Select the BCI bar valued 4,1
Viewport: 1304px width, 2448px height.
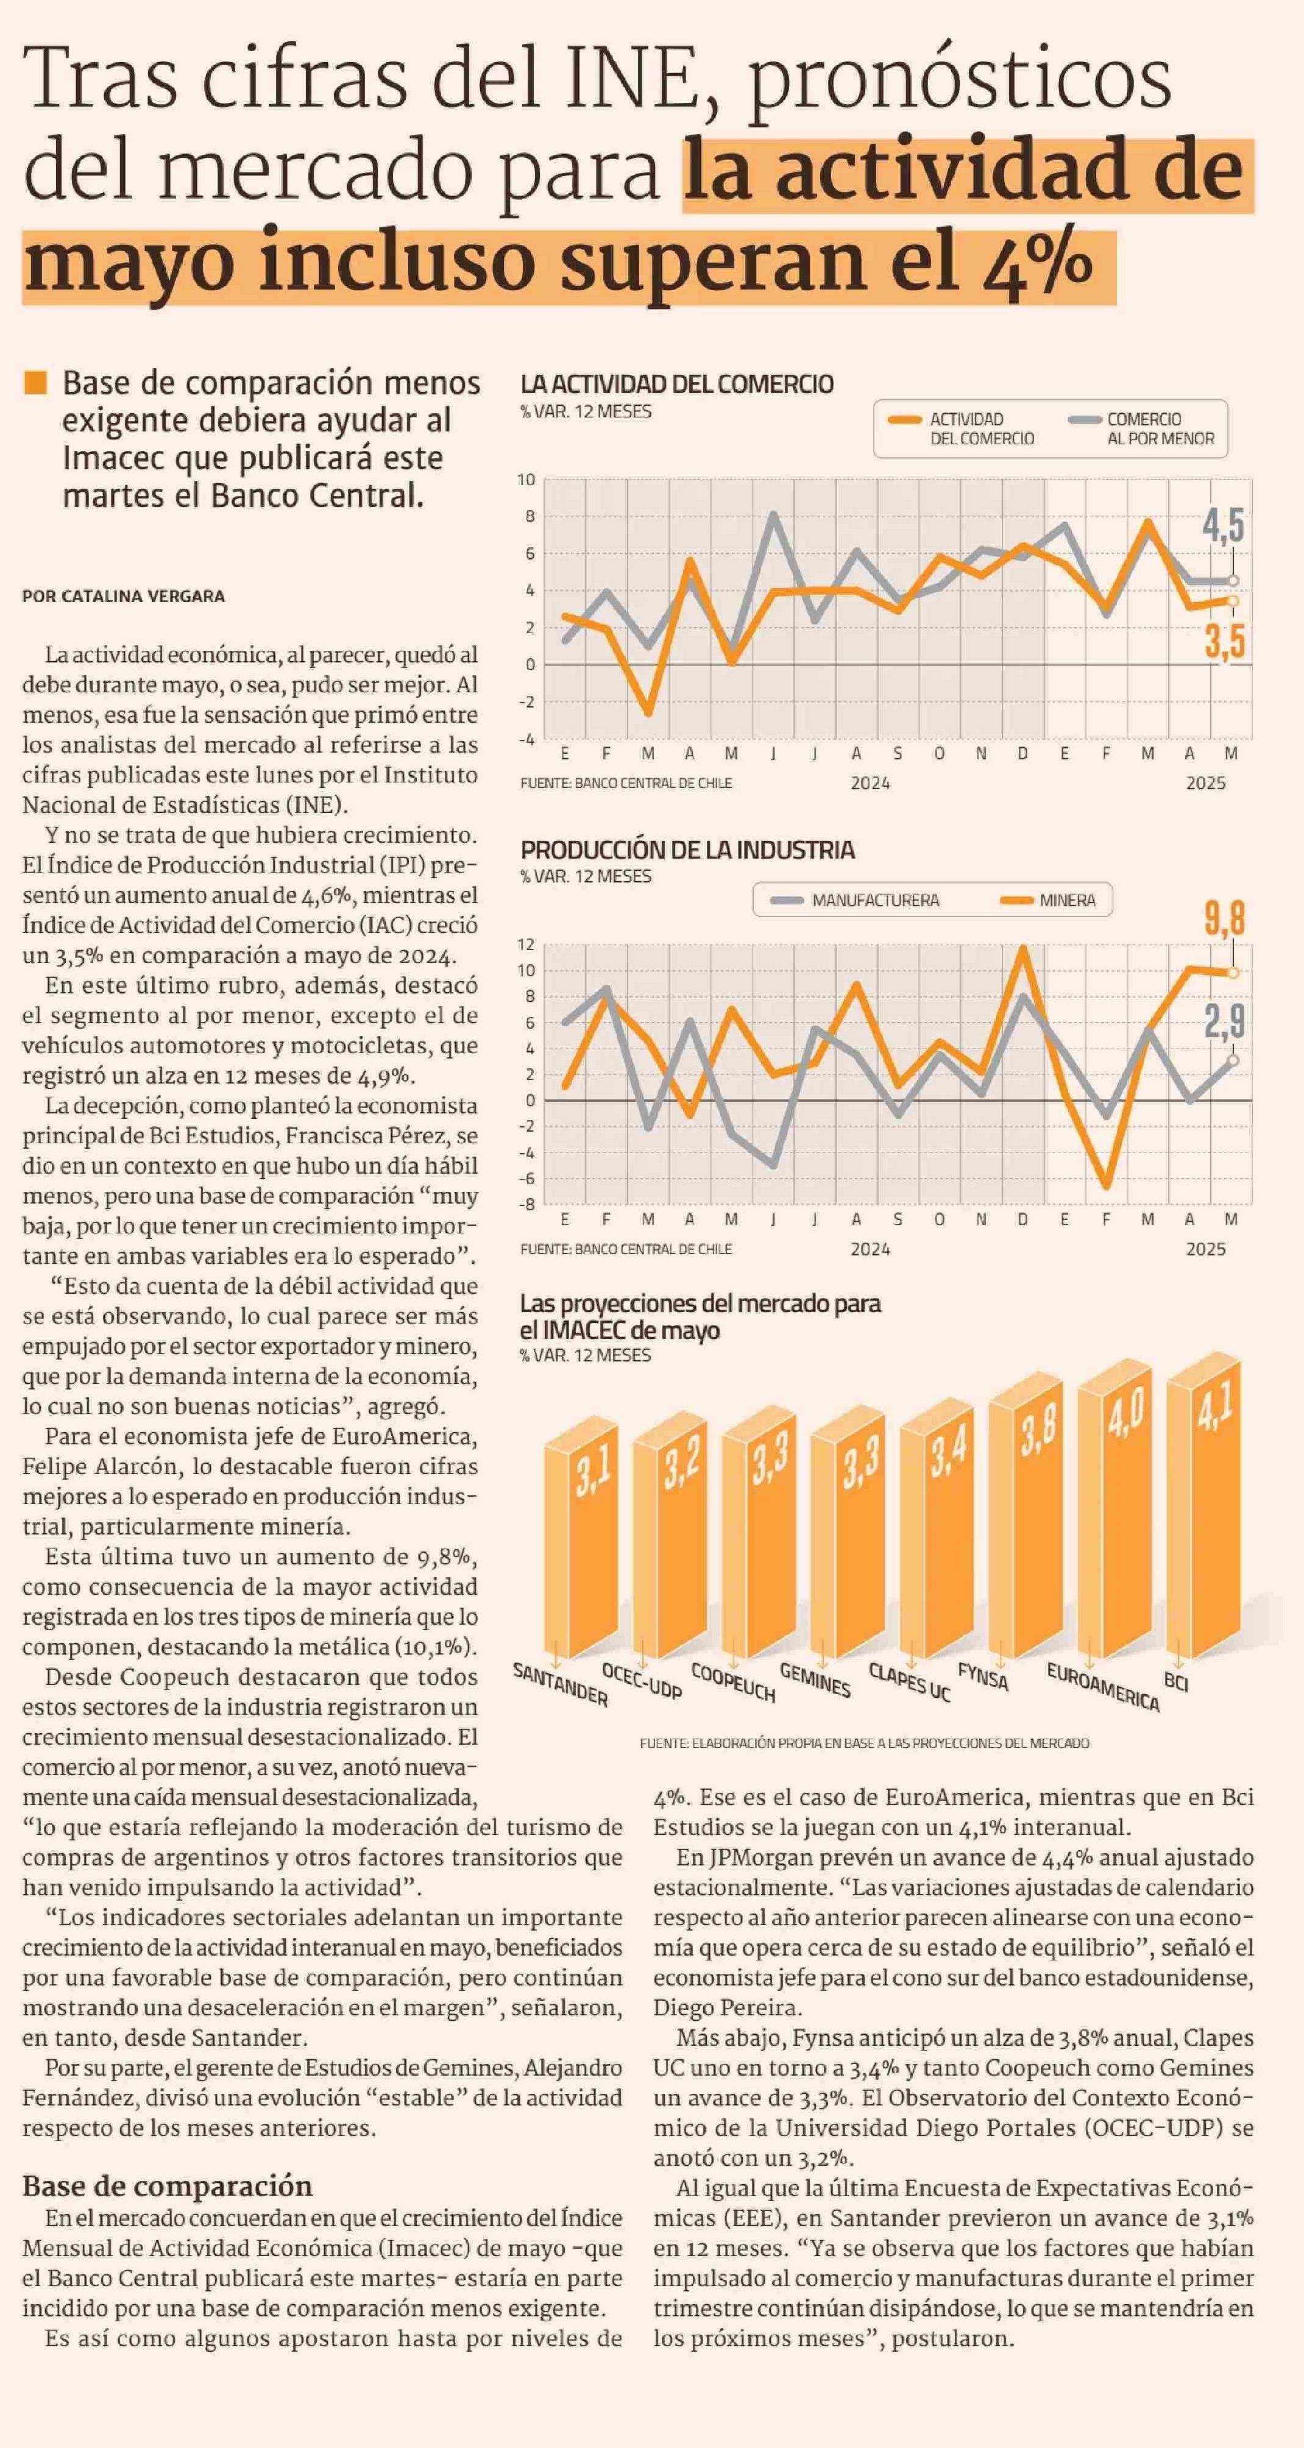[x=1203, y=1515]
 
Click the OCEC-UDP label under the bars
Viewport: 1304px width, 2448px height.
[x=642, y=1682]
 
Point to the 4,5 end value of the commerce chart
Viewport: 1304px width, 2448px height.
[x=1222, y=525]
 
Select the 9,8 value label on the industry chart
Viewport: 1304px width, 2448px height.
[x=1224, y=918]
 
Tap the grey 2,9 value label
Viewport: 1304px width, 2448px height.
[x=1224, y=1021]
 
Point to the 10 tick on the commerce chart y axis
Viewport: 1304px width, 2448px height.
[x=526, y=480]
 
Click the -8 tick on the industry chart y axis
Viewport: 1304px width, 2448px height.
[x=526, y=1204]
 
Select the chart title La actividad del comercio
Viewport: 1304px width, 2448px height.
[x=677, y=384]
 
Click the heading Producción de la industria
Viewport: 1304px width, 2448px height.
[x=687, y=850]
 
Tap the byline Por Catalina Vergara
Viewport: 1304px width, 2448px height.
[x=124, y=596]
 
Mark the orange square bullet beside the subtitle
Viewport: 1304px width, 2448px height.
[x=35, y=382]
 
